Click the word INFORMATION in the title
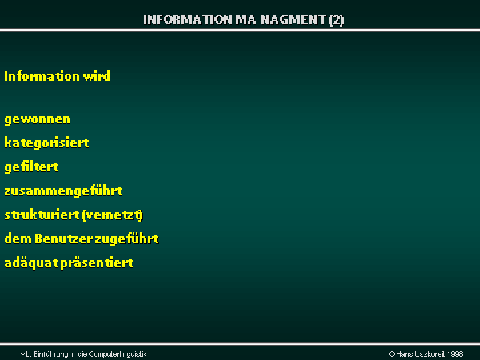coord(188,19)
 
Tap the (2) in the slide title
coord(336,20)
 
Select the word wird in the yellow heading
coord(97,76)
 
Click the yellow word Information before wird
coord(42,76)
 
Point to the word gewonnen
coord(37,119)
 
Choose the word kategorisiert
coord(47,143)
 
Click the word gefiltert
coord(31,166)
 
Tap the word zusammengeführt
coord(63,190)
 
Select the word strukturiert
coord(42,214)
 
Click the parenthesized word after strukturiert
coord(113,215)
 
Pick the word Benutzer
coord(64,238)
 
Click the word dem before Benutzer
coord(18,238)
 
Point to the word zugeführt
coord(127,238)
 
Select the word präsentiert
coord(97,263)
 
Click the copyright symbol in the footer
coord(391,354)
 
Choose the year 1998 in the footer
coord(455,354)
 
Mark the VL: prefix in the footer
coord(26,355)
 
